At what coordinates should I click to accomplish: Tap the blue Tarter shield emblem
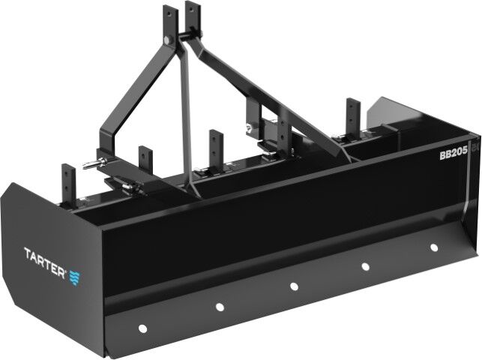point(76,277)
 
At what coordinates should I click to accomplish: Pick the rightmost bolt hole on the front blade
point(434,247)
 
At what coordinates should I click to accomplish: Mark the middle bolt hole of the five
point(294,285)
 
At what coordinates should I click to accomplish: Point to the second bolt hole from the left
point(220,306)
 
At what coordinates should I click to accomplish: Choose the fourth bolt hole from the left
point(365,265)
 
